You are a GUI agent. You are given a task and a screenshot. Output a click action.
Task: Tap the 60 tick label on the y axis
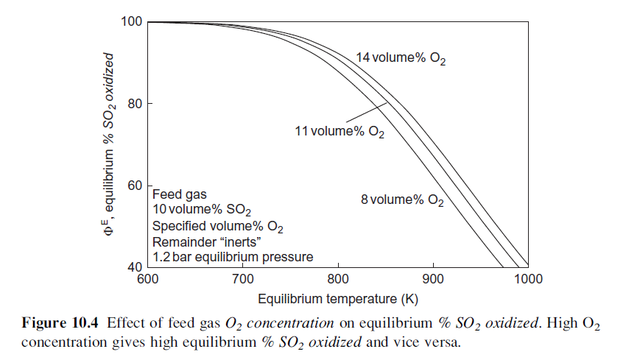(134, 185)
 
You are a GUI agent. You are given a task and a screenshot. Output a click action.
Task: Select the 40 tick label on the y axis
(134, 267)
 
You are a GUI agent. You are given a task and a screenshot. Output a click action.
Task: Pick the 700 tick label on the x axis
(242, 278)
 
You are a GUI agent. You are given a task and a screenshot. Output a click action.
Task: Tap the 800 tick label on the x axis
(337, 278)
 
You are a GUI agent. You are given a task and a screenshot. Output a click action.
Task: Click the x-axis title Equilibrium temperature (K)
(337, 300)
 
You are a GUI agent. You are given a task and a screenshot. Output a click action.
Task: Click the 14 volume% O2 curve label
(401, 58)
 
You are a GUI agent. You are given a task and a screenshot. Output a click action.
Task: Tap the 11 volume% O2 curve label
(339, 132)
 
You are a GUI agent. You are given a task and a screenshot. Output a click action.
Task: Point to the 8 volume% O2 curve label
(402, 200)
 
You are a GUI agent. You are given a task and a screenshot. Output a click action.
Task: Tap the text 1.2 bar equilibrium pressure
(233, 257)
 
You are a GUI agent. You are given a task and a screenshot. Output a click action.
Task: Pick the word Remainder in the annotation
(177, 241)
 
